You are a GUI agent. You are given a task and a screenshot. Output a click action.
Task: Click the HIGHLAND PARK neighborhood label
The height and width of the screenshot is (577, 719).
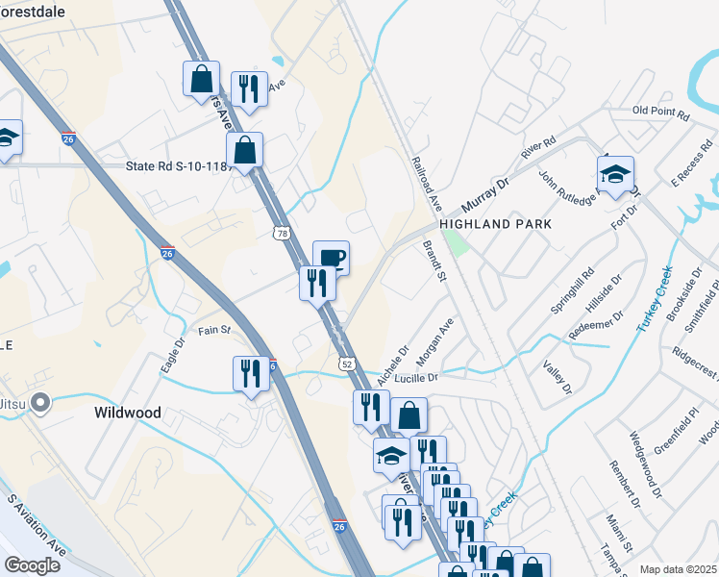coord(496,224)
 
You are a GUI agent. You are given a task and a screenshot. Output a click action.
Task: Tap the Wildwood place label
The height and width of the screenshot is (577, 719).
coord(128,413)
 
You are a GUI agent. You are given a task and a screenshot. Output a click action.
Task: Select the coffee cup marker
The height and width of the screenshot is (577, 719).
coord(331,258)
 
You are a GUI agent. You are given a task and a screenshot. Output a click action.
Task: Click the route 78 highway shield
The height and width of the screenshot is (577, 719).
coord(281,233)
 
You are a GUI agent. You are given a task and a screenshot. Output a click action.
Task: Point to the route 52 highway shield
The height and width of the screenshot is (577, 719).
coord(347,364)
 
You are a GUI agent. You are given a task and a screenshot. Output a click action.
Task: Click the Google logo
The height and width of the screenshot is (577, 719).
coord(32,564)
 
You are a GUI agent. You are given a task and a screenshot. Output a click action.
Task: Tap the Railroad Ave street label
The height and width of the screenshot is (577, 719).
coord(426,186)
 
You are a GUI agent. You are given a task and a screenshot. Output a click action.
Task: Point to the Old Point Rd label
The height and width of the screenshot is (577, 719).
coord(661,113)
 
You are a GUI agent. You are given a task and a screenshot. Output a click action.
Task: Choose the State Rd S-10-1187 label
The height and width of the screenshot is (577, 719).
coord(181,166)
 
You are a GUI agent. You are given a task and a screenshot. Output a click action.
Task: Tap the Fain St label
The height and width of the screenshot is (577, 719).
coord(214,330)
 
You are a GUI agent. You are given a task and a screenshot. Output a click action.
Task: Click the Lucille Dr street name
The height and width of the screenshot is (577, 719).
coord(413,378)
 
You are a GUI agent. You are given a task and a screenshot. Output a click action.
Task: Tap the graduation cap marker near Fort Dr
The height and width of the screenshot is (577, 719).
coord(615,175)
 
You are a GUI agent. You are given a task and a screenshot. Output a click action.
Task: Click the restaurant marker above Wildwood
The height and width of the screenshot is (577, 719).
coord(252,372)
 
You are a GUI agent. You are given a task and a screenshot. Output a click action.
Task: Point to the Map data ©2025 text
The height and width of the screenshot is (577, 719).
coord(678,569)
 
